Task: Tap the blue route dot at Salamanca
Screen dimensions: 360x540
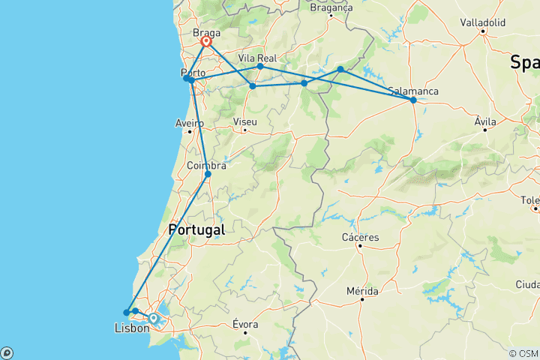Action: pyautogui.click(x=413, y=100)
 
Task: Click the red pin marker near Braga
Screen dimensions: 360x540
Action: pyautogui.click(x=205, y=43)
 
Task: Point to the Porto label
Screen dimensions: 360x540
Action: pyautogui.click(x=193, y=73)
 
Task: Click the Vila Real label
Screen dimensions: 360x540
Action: pyautogui.click(x=257, y=57)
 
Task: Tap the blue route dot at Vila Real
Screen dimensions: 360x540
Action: pyautogui.click(x=260, y=67)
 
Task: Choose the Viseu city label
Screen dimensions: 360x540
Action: pyautogui.click(x=245, y=121)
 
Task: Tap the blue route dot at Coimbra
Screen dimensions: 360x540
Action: pyautogui.click(x=208, y=174)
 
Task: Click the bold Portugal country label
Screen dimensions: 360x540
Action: pyautogui.click(x=196, y=230)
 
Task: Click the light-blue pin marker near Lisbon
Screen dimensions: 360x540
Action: pyautogui.click(x=153, y=319)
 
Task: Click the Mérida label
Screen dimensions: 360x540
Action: pyautogui.click(x=361, y=291)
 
